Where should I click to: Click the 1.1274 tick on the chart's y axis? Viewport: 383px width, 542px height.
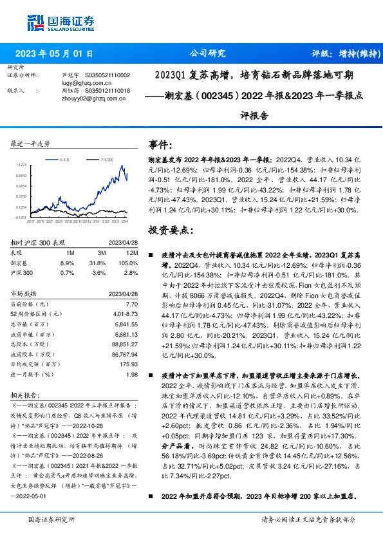(x=21, y=165)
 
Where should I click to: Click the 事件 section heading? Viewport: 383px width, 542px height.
(x=161, y=144)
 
